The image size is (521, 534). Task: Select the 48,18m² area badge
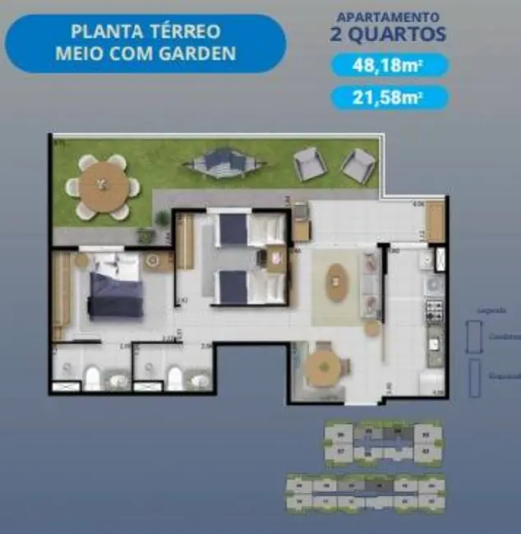(390, 66)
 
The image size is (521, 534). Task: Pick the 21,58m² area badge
(390, 98)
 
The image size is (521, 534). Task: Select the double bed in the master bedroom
(117, 286)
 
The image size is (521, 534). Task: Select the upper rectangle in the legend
(474, 335)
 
